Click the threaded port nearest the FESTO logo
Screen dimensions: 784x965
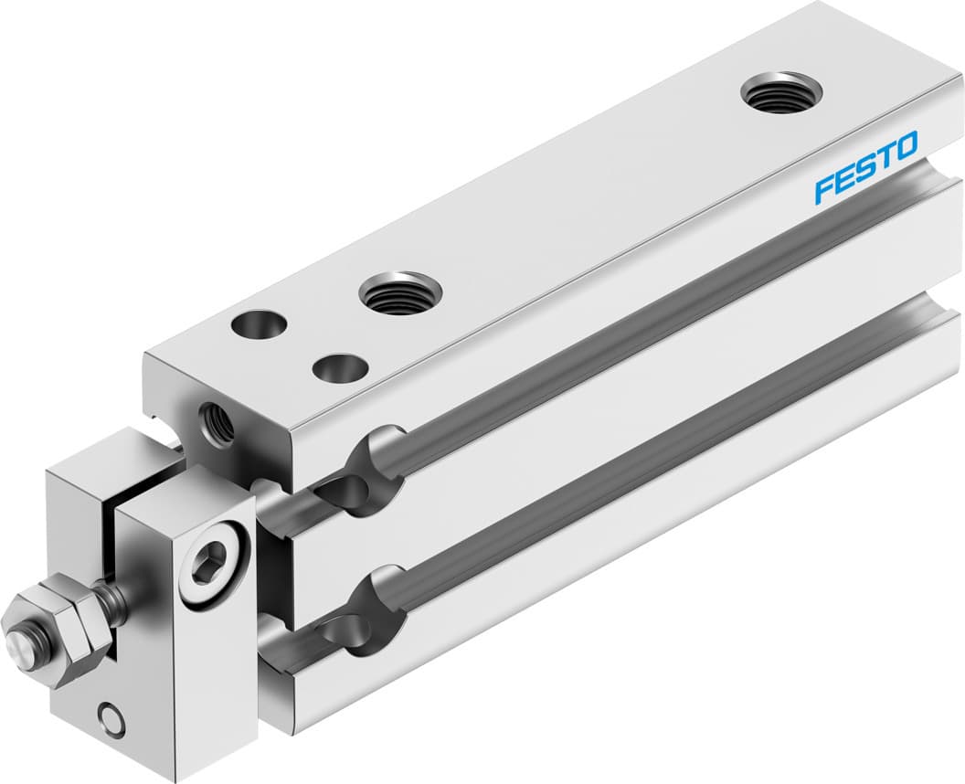pyautogui.click(x=781, y=92)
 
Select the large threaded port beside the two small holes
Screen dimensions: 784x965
pyautogui.click(x=400, y=293)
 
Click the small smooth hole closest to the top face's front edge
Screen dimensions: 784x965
pyautogui.click(x=258, y=323)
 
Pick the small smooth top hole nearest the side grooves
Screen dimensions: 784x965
pyautogui.click(x=340, y=368)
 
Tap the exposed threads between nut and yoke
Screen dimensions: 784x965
pyautogui.click(x=114, y=601)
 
